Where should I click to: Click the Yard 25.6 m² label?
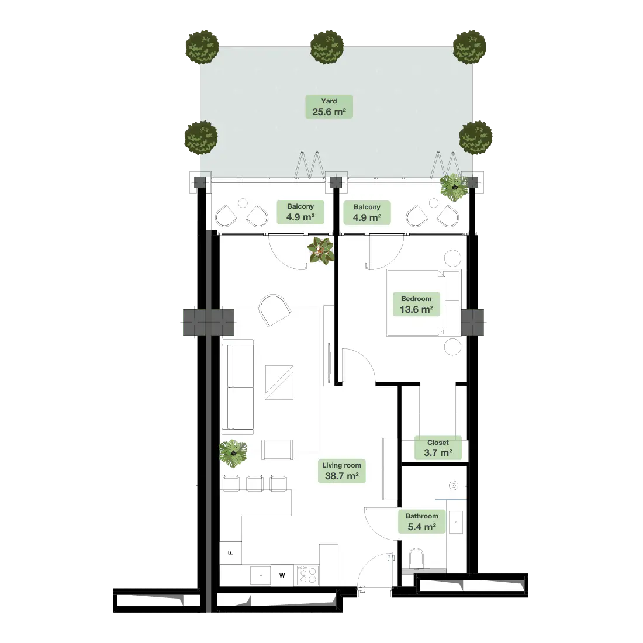pos(329,106)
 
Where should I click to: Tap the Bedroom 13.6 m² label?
pos(416,305)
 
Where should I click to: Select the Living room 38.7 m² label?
pos(341,471)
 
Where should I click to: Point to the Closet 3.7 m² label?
pos(438,448)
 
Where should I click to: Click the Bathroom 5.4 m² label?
pos(421,521)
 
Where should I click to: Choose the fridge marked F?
pos(230,553)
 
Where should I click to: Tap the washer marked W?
pos(282,575)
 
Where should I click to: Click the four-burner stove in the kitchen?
pos(307,575)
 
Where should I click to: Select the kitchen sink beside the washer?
pos(261,575)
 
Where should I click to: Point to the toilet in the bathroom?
pos(416,558)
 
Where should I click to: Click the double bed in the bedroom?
pos(424,303)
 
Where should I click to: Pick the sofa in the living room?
pos(237,387)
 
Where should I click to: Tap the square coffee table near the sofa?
pos(279,382)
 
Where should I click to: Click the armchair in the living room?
pos(275,310)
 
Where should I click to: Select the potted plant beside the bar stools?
pos(233,452)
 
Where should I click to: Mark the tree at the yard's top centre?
pos(327,47)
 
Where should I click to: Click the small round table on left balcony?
pos(243,203)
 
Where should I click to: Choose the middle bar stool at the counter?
pos(255,483)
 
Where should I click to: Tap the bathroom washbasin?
pos(456,522)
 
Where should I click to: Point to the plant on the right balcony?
pos(454,188)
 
